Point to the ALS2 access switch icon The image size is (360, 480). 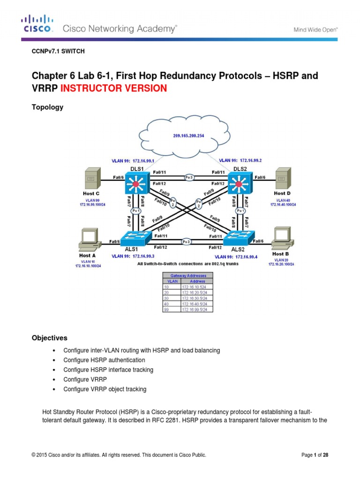click(x=240, y=238)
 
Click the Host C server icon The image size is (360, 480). click(x=91, y=180)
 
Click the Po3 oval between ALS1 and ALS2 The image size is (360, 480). click(x=187, y=242)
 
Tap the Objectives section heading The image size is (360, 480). click(x=49, y=337)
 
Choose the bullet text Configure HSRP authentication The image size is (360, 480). click(x=104, y=360)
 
